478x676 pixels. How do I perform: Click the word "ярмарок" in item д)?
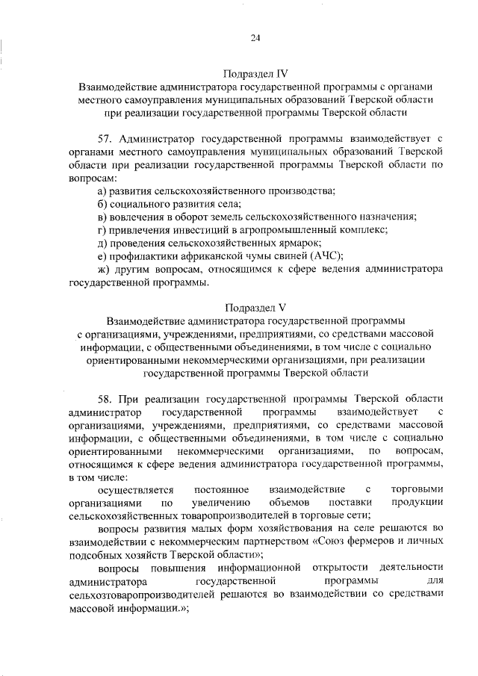[x=302, y=244]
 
